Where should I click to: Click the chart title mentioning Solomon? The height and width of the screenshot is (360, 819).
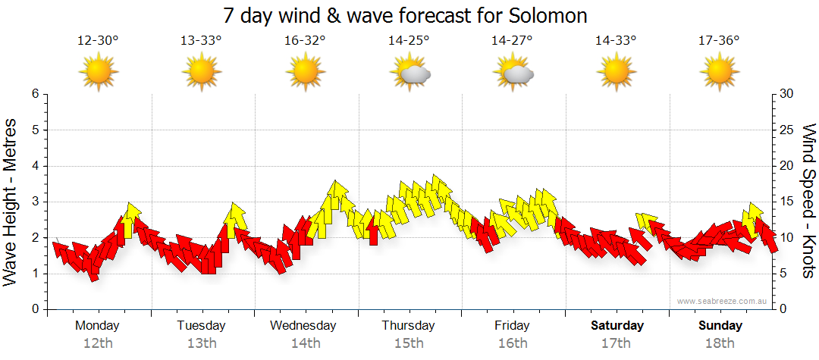coord(406,15)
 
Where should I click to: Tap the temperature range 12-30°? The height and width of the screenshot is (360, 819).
coord(98,40)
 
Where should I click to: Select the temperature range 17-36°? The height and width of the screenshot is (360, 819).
coord(719,40)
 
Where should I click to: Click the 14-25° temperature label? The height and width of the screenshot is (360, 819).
coord(409,40)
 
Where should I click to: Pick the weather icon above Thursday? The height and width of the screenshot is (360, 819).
coord(409,74)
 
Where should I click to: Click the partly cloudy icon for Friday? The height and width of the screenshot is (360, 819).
coord(513,74)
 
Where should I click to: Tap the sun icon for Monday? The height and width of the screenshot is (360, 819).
coord(99,74)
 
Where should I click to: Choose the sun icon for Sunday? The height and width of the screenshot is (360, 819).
coord(719,74)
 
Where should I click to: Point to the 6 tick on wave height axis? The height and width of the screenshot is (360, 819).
coord(34,94)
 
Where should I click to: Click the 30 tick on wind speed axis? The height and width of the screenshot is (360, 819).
coord(787,94)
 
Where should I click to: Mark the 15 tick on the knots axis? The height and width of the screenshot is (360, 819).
coord(787,202)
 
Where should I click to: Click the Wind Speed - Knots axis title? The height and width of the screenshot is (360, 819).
coord(808,201)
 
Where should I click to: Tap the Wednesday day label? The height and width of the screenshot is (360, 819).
coord(303,325)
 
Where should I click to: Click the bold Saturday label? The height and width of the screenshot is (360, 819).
coord(617,325)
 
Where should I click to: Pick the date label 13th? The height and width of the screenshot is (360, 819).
coord(202,343)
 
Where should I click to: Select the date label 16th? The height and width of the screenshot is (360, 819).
coord(513,343)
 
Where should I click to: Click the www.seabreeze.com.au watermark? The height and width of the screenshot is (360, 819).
coord(723,301)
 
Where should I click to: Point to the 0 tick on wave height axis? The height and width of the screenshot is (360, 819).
coord(34,309)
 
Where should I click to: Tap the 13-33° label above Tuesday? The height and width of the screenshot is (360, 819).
coord(201,40)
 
